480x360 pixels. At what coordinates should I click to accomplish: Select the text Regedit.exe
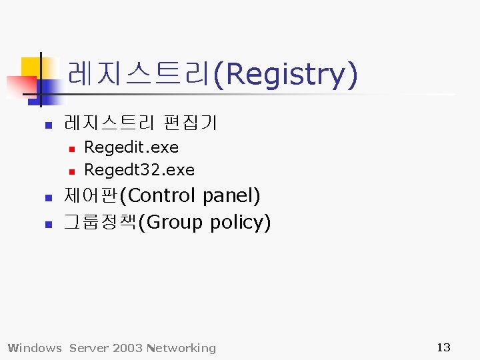(x=131, y=147)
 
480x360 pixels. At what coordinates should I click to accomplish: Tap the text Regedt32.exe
(x=139, y=170)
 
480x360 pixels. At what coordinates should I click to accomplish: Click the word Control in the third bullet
(x=163, y=196)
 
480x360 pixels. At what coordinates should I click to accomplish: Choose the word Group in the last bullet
(x=173, y=222)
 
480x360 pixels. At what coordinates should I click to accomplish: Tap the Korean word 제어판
(x=93, y=196)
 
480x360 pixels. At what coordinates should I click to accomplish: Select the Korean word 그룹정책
(x=99, y=222)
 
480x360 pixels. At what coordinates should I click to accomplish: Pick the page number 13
(x=443, y=347)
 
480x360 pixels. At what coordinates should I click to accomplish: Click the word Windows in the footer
(x=34, y=348)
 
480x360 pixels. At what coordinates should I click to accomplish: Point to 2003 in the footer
(x=128, y=348)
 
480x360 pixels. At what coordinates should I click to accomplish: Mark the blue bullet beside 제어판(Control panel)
(x=47, y=198)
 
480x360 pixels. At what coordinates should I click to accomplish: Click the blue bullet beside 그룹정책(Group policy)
(x=47, y=224)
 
